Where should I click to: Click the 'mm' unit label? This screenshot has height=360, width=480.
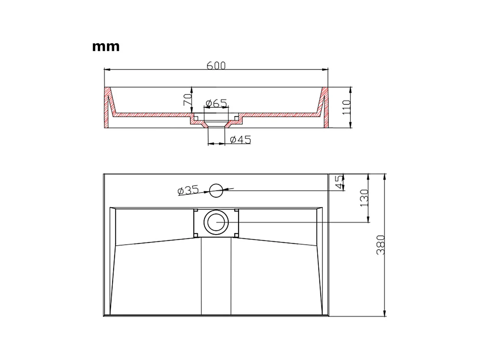(x=106, y=46)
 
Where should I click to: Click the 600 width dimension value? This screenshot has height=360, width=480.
(x=216, y=65)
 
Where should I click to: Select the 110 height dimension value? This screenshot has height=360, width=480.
(x=346, y=108)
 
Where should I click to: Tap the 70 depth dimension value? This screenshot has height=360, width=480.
(x=187, y=100)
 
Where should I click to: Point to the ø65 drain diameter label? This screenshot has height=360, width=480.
(x=216, y=103)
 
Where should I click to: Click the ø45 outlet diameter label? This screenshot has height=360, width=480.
(x=240, y=139)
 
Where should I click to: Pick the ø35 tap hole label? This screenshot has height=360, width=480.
(x=188, y=190)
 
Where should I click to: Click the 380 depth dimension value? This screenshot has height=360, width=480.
(x=381, y=245)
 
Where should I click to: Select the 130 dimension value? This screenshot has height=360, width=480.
(x=364, y=198)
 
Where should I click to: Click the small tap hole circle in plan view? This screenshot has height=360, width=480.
(x=216, y=190)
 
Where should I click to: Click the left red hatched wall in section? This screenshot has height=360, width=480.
(x=107, y=108)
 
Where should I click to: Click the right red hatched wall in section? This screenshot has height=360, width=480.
(x=326, y=108)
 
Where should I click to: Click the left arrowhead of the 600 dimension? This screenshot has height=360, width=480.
(x=107, y=70)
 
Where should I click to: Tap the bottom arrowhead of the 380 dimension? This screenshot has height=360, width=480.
(x=385, y=314)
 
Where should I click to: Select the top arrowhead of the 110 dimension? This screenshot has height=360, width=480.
(x=350, y=89)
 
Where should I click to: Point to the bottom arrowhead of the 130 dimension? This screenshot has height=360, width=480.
(x=368, y=220)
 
